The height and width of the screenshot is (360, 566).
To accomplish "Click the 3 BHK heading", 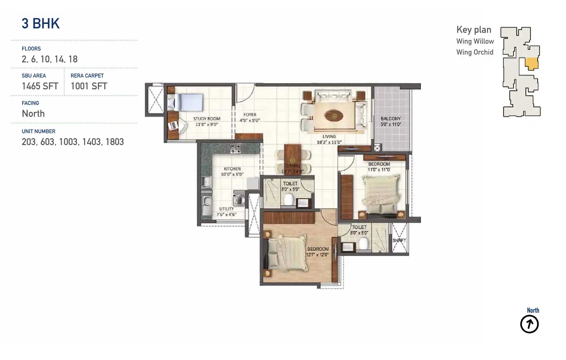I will click(x=41, y=24).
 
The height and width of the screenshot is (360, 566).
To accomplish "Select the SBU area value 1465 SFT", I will click(x=40, y=86).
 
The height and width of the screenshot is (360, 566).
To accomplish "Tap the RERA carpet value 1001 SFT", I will click(x=89, y=86).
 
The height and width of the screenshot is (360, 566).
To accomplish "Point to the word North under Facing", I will click(x=33, y=114).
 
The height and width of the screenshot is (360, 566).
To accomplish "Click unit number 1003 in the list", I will click(x=68, y=142).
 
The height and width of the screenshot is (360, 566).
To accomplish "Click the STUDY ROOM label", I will click(x=207, y=119).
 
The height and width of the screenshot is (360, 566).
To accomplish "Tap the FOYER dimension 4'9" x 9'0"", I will click(x=250, y=120).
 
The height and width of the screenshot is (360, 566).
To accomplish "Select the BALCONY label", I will click(x=390, y=119).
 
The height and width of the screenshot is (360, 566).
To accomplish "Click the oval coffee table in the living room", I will click(x=334, y=116).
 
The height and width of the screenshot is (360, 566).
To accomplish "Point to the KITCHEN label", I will click(x=232, y=169).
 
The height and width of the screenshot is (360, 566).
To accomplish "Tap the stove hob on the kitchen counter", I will click(x=235, y=149).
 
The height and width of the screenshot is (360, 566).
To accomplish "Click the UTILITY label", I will click(x=226, y=209).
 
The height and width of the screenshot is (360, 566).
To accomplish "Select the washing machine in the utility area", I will click(x=239, y=200).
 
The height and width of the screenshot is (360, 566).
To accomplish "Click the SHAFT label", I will click(x=399, y=241).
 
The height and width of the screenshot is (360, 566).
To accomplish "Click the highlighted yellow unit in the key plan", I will click(x=531, y=64).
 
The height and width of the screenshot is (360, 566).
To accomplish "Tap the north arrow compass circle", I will click(x=529, y=324).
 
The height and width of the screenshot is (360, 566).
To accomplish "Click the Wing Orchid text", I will click(x=475, y=52).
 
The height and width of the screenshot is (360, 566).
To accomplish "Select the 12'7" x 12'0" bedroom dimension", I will click(x=317, y=255).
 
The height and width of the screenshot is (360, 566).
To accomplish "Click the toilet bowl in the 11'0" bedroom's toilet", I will click(x=363, y=243).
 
